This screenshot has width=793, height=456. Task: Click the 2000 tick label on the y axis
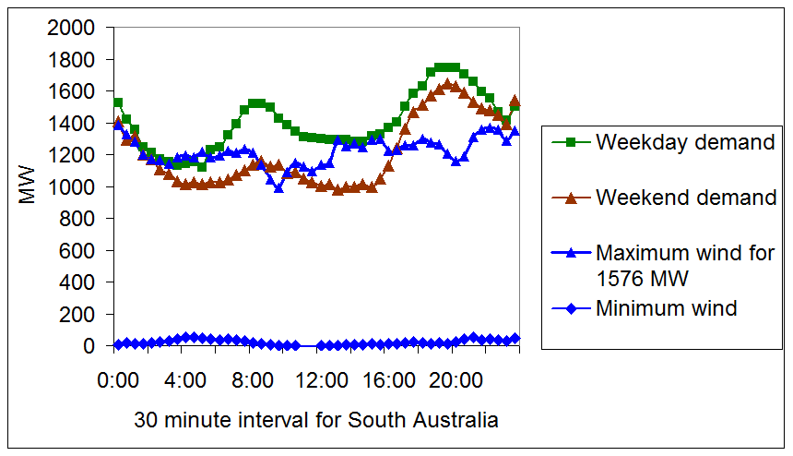(x=72, y=28)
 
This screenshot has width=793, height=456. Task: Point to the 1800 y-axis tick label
(x=72, y=60)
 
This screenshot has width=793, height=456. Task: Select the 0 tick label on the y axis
(x=90, y=345)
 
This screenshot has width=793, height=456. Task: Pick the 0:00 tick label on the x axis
(x=117, y=379)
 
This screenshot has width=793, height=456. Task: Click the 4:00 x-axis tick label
(x=185, y=379)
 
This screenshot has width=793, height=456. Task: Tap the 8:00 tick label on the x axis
(x=253, y=379)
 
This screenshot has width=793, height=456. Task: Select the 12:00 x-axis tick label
(x=321, y=379)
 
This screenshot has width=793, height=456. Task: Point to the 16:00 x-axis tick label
(x=388, y=379)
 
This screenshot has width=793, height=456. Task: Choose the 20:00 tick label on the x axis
(x=456, y=379)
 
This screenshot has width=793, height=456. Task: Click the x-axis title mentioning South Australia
(x=316, y=421)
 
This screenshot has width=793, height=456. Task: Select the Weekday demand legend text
(x=685, y=142)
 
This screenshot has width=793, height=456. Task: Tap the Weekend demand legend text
(x=686, y=198)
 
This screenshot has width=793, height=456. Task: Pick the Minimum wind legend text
(x=667, y=308)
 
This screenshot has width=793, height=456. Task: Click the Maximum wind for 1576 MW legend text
(x=685, y=264)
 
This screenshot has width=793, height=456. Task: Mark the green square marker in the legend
(x=570, y=142)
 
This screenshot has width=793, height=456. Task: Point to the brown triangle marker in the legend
(x=570, y=198)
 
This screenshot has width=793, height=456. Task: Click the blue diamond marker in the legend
(x=570, y=308)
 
